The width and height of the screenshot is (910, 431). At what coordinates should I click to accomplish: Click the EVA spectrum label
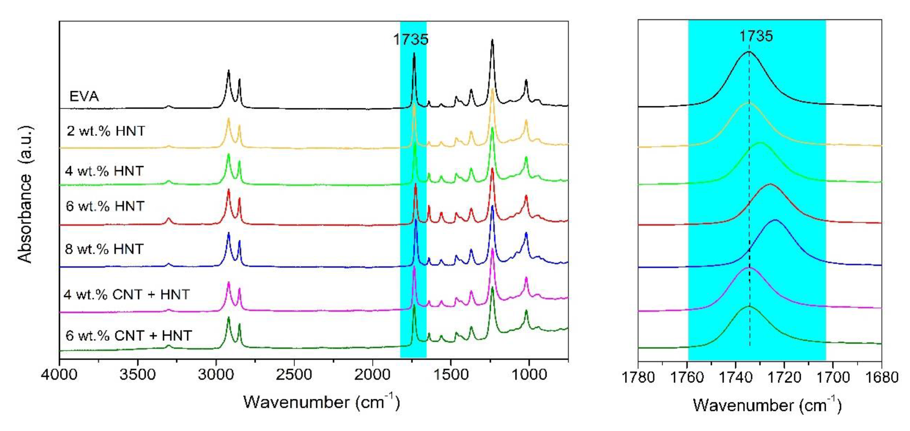click(84, 96)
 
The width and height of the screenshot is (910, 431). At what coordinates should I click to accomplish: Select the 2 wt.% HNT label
click(106, 131)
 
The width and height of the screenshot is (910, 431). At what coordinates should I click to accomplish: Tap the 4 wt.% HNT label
click(104, 171)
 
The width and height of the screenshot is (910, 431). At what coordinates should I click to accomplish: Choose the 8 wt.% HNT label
click(104, 249)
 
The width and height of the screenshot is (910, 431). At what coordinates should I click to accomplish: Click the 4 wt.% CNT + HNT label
click(127, 294)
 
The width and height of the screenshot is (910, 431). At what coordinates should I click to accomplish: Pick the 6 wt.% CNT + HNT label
click(129, 335)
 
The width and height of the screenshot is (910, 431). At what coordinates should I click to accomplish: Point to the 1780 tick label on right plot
click(638, 378)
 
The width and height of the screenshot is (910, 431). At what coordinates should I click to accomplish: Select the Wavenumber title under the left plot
click(321, 402)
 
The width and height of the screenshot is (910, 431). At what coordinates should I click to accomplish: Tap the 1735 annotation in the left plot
click(410, 39)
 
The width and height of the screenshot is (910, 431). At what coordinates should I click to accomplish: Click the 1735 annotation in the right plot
click(756, 36)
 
